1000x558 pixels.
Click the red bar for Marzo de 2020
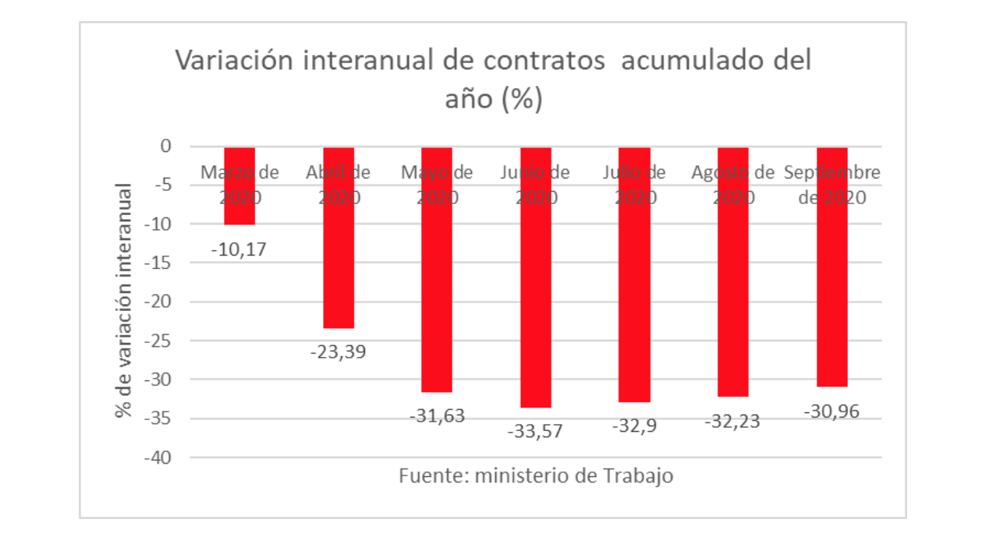tap(239, 210)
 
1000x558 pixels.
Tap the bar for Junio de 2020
tap(536, 312)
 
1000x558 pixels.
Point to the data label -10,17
tap(239, 250)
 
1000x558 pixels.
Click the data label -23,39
tap(338, 351)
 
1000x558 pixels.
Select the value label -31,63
tap(437, 416)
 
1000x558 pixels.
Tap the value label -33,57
tap(536, 431)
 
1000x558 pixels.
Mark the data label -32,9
tap(634, 426)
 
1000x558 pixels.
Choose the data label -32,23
tap(733, 422)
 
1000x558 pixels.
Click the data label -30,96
tap(832, 411)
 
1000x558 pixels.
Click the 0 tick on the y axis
tap(165, 147)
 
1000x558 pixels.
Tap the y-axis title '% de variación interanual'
tap(125, 301)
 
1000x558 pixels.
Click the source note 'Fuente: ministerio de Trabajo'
tap(536, 475)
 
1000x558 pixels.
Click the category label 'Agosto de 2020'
tap(733, 185)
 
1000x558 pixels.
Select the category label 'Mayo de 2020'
tap(437, 185)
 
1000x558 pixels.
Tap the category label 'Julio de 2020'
tap(634, 185)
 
